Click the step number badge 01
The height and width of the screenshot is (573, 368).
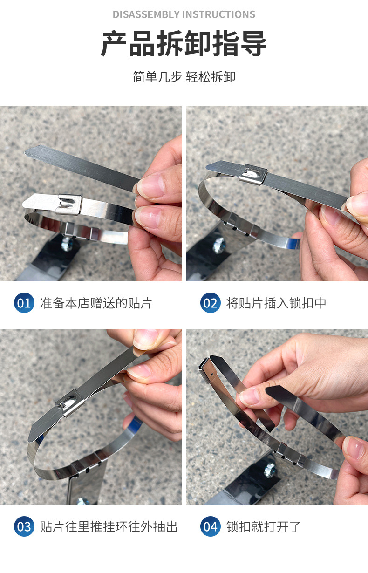coord(24,303)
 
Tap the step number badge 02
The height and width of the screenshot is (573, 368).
coord(210,303)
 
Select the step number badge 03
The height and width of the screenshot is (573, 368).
coord(24,527)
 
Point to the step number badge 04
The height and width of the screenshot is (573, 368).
coord(210,527)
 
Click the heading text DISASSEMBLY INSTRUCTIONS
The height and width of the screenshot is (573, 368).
coord(184,14)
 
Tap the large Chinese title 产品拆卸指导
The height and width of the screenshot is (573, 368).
coord(184,45)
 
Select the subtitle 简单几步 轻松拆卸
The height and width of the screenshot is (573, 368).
coord(184,77)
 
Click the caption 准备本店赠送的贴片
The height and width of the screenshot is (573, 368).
coord(96,303)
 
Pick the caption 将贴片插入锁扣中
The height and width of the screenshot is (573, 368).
coord(276,303)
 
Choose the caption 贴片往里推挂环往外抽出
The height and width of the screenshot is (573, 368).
coord(109,527)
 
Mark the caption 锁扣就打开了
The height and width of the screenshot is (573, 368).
coord(264,527)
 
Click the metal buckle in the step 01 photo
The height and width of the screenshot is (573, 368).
coord(69,204)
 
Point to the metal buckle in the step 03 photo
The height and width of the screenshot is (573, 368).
coord(71,402)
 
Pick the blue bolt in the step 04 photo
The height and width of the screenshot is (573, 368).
coord(270,471)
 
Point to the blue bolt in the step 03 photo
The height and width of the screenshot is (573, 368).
coord(82,501)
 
